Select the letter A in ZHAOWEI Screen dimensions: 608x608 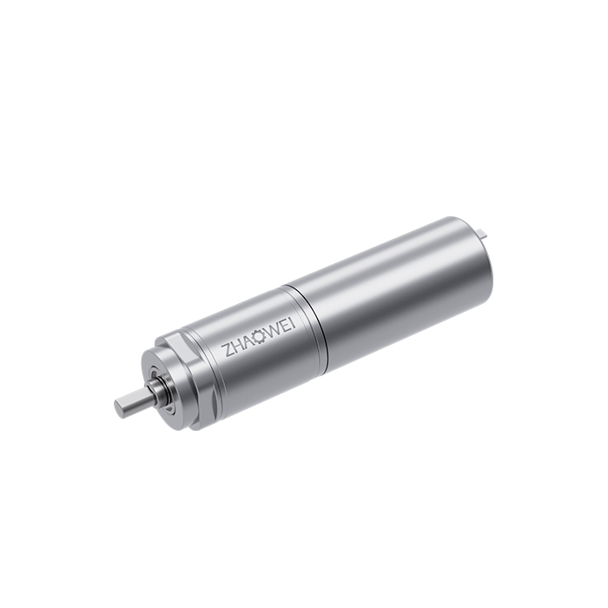(x=246, y=340)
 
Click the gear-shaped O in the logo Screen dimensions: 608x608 (x=257, y=336)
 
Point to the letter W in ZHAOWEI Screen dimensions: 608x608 (x=272, y=330)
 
